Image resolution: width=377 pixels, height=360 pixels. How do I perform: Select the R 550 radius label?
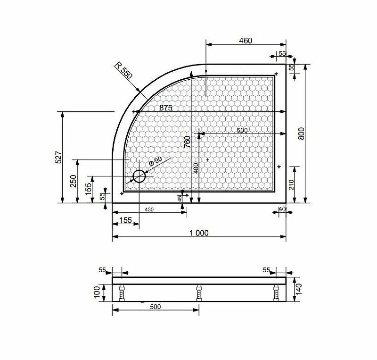click(123, 70)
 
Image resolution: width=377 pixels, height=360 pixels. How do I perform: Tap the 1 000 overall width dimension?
click(199, 233)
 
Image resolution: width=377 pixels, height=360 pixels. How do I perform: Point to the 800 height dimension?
click(301, 134)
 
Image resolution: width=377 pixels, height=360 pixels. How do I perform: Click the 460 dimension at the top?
click(246, 41)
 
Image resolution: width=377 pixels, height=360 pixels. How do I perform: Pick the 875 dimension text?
click(166, 108)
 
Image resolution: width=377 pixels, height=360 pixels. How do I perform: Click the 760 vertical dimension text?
click(187, 142)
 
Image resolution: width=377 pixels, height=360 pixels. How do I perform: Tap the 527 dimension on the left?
click(58, 157)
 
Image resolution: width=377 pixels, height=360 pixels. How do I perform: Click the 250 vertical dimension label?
click(73, 181)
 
